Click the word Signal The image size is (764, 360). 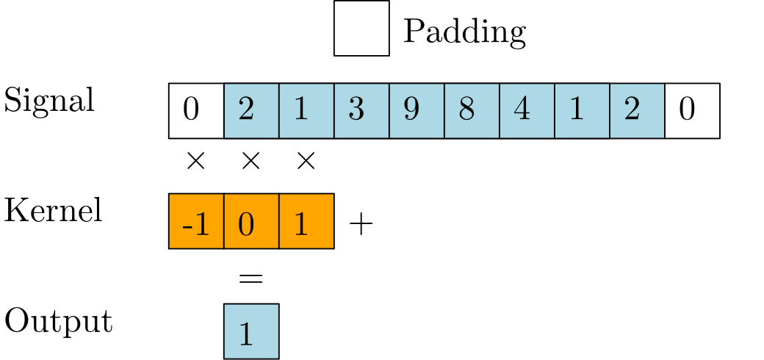click(48, 101)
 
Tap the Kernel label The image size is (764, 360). click(53, 210)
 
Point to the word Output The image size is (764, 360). click(59, 322)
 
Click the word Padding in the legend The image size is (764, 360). click(464, 32)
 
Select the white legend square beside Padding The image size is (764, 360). click(361, 28)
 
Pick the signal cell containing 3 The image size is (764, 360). click(361, 111)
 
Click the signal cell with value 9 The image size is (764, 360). click(417, 111)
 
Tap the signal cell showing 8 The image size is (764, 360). click(472, 111)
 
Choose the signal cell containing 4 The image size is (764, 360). click(527, 111)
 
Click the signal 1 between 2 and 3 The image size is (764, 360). click(306, 111)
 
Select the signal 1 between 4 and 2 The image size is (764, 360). click(582, 111)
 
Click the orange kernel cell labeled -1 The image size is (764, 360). click(196, 221)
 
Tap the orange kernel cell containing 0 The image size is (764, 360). click(251, 221)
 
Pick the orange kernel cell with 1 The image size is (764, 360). click(306, 221)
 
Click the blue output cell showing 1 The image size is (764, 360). click(251, 331)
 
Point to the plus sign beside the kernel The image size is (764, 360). click(361, 225)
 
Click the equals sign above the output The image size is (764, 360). click(251, 278)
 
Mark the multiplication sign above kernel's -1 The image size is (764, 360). click(196, 161)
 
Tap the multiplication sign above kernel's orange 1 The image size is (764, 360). click(306, 161)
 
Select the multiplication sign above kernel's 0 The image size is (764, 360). click(251, 161)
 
